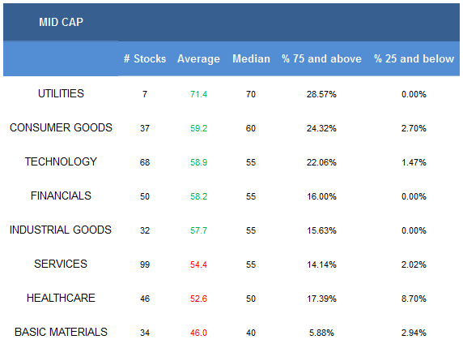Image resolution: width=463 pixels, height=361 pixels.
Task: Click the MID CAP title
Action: point(62,22)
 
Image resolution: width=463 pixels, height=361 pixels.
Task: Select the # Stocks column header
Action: point(145,58)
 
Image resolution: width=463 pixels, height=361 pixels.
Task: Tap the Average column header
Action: point(198,59)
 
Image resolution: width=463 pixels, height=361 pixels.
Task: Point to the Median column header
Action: point(251,58)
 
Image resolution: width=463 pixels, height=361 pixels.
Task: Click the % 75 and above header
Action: point(321,58)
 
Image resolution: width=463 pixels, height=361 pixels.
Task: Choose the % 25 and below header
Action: point(414,58)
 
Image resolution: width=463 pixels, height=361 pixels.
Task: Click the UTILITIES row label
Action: point(61,94)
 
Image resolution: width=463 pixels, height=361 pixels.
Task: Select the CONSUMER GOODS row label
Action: point(61,128)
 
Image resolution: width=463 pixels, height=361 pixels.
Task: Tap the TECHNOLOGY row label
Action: point(61,162)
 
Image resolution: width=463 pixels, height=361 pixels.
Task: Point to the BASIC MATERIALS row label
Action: point(61,332)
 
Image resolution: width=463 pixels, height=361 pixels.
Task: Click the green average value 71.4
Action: point(198,94)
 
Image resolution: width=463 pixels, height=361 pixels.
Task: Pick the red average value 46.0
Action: point(198,333)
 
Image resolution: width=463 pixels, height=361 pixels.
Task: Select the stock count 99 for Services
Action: point(145,264)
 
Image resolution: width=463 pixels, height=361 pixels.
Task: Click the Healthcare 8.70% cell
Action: point(414,299)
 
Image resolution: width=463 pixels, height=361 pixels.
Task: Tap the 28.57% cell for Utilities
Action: point(321,94)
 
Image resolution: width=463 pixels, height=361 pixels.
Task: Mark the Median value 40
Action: point(251,333)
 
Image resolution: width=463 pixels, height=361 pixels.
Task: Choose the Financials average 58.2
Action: point(198,196)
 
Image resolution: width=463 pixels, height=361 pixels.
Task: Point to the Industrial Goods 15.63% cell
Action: point(321,230)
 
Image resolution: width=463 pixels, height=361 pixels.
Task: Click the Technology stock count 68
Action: point(145,162)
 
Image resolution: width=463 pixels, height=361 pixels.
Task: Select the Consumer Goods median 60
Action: point(251,128)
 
